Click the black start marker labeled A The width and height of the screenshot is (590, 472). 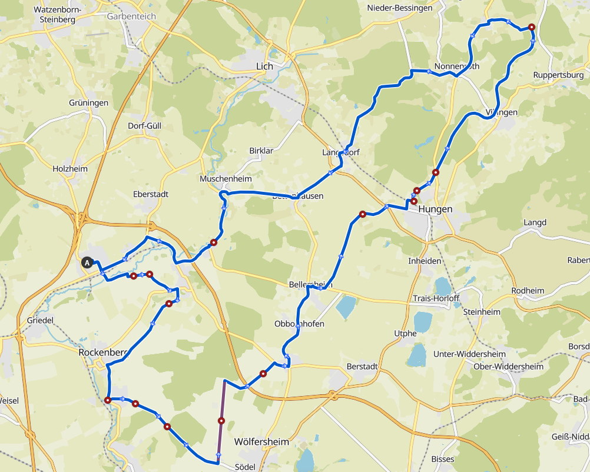tap(88, 263)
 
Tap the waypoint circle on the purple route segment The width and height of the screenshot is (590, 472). tap(221, 421)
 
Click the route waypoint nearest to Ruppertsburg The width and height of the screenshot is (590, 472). tap(531, 27)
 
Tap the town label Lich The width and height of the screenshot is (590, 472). tap(264, 67)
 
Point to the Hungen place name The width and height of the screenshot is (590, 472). tap(435, 210)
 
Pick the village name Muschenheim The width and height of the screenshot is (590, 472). tap(226, 179)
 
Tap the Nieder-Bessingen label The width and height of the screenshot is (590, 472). tap(399, 8)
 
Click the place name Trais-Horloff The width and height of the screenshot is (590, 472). tap(436, 298)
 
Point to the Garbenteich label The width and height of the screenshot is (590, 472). tap(131, 16)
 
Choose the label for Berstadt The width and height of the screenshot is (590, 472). tap(362, 366)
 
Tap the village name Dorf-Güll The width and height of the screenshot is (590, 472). tap(144, 126)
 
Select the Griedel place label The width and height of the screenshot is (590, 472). tap(41, 320)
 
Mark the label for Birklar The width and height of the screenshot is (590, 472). tap(261, 151)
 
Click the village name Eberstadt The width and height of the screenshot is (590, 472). tap(151, 194)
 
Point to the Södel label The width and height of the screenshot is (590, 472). tap(245, 467)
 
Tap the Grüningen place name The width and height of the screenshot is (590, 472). tap(88, 103)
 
